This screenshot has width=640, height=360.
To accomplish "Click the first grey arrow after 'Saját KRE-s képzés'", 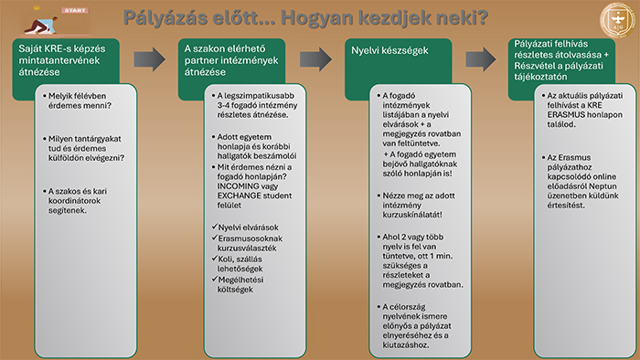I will point(149,60).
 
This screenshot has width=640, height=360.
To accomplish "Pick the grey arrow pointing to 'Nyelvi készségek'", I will point(315,60).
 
